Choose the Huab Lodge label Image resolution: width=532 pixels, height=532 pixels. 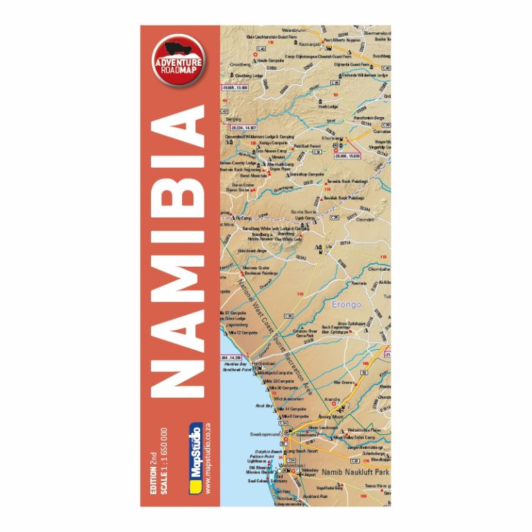click(x=328, y=106)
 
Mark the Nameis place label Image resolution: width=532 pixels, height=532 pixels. click(x=360, y=283)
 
